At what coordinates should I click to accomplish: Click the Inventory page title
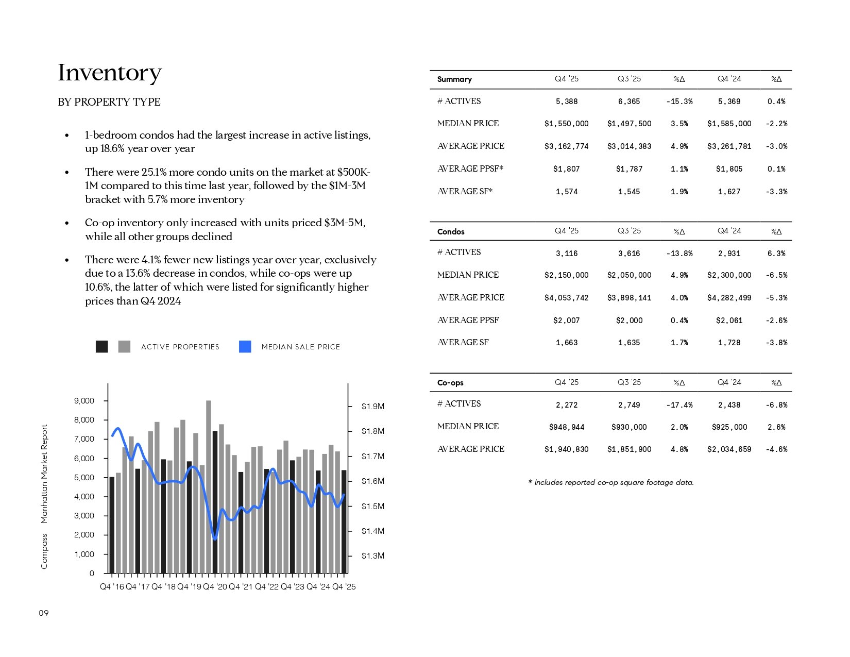[110, 73]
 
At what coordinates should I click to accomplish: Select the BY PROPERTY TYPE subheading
[109, 102]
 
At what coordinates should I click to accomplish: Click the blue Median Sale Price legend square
[245, 347]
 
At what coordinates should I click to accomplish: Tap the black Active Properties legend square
[102, 347]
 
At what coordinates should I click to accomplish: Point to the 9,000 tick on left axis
[84, 401]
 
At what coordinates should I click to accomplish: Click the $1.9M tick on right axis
[372, 407]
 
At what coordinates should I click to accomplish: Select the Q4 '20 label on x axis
[215, 587]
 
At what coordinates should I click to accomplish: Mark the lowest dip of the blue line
[215, 539]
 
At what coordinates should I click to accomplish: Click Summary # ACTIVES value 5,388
[566, 102]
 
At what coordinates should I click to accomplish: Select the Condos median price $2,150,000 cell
[566, 275]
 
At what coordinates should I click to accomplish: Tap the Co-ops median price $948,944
[566, 427]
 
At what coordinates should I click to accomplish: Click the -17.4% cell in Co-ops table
[679, 405]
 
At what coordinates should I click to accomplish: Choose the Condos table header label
[451, 232]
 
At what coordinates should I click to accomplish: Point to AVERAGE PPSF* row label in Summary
[470, 169]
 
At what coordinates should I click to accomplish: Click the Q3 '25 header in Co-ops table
[629, 382]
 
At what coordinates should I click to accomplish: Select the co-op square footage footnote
[611, 483]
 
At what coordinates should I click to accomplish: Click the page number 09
[44, 613]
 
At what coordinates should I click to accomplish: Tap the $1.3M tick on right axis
[372, 556]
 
